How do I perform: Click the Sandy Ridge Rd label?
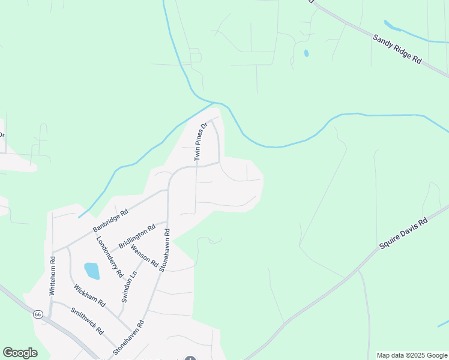pyautogui.click(x=397, y=50)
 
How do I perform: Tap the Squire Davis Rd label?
pyautogui.click(x=403, y=234)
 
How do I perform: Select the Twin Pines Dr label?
pyautogui.click(x=200, y=142)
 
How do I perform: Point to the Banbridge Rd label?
pyautogui.click(x=110, y=221)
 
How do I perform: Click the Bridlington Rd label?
pyautogui.click(x=137, y=236)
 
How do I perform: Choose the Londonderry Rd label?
pyautogui.click(x=110, y=256)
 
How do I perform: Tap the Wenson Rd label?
pyautogui.click(x=144, y=256)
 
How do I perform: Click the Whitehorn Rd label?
pyautogui.click(x=53, y=275)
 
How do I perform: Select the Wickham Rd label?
pyautogui.click(x=89, y=295)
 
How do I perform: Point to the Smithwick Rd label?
pyautogui.click(x=87, y=321)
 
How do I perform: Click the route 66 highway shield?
pyautogui.click(x=38, y=314)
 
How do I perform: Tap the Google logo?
pyautogui.click(x=20, y=353)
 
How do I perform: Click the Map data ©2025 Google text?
pyautogui.click(x=412, y=355)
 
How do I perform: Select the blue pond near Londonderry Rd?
pyautogui.click(x=92, y=271)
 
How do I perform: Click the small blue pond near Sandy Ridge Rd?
pyautogui.click(x=306, y=53)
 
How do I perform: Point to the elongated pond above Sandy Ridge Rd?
pyautogui.click(x=393, y=26)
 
